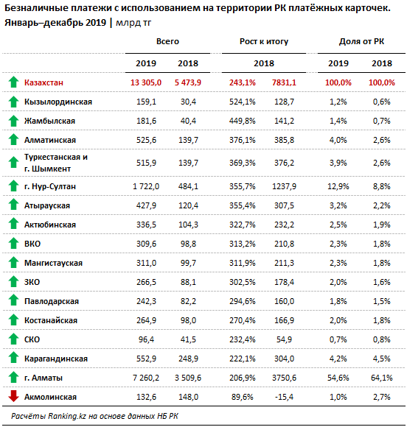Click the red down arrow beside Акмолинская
tap(13, 396)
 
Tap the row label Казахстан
tap(44, 82)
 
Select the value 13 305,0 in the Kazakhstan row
tap(146, 82)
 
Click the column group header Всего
tap(167, 41)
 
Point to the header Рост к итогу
tap(264, 41)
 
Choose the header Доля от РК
tap(361, 41)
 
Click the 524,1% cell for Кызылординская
tap(243, 102)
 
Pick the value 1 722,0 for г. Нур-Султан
tap(146, 186)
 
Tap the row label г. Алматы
tap(44, 378)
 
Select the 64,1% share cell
tap(382, 378)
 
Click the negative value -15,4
tap(284, 397)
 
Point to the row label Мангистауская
tap(53, 263)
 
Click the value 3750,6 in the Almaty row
tap(284, 378)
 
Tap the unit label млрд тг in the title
tap(133, 23)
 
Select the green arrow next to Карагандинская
tap(13, 358)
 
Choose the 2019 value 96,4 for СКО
tap(146, 339)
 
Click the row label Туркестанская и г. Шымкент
tap(56, 163)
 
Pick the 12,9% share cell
tap(338, 186)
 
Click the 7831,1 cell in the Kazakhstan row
tap(284, 82)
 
